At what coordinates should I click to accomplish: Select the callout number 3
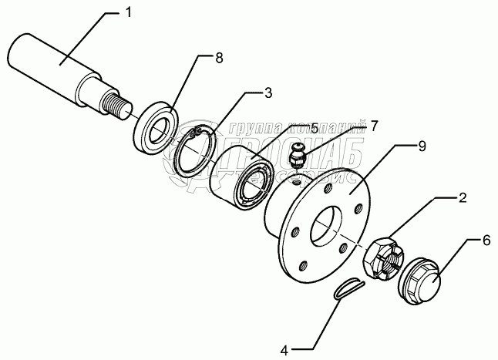coord(268,94)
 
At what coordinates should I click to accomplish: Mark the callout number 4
coord(284,349)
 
